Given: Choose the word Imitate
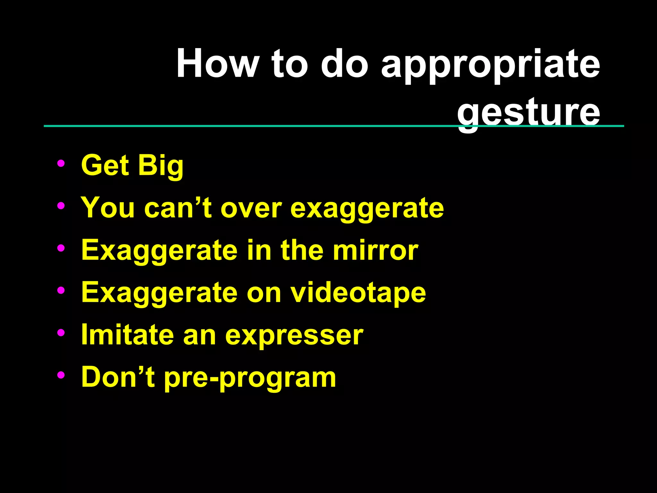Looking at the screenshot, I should click(x=127, y=335).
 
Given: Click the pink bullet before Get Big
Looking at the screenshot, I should click(x=61, y=163).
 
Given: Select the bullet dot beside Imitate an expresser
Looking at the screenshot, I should click(x=61, y=333).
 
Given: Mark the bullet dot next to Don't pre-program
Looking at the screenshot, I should click(x=61, y=375).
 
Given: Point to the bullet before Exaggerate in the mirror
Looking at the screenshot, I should click(x=61, y=248).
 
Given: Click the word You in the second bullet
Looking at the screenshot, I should click(x=107, y=208).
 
